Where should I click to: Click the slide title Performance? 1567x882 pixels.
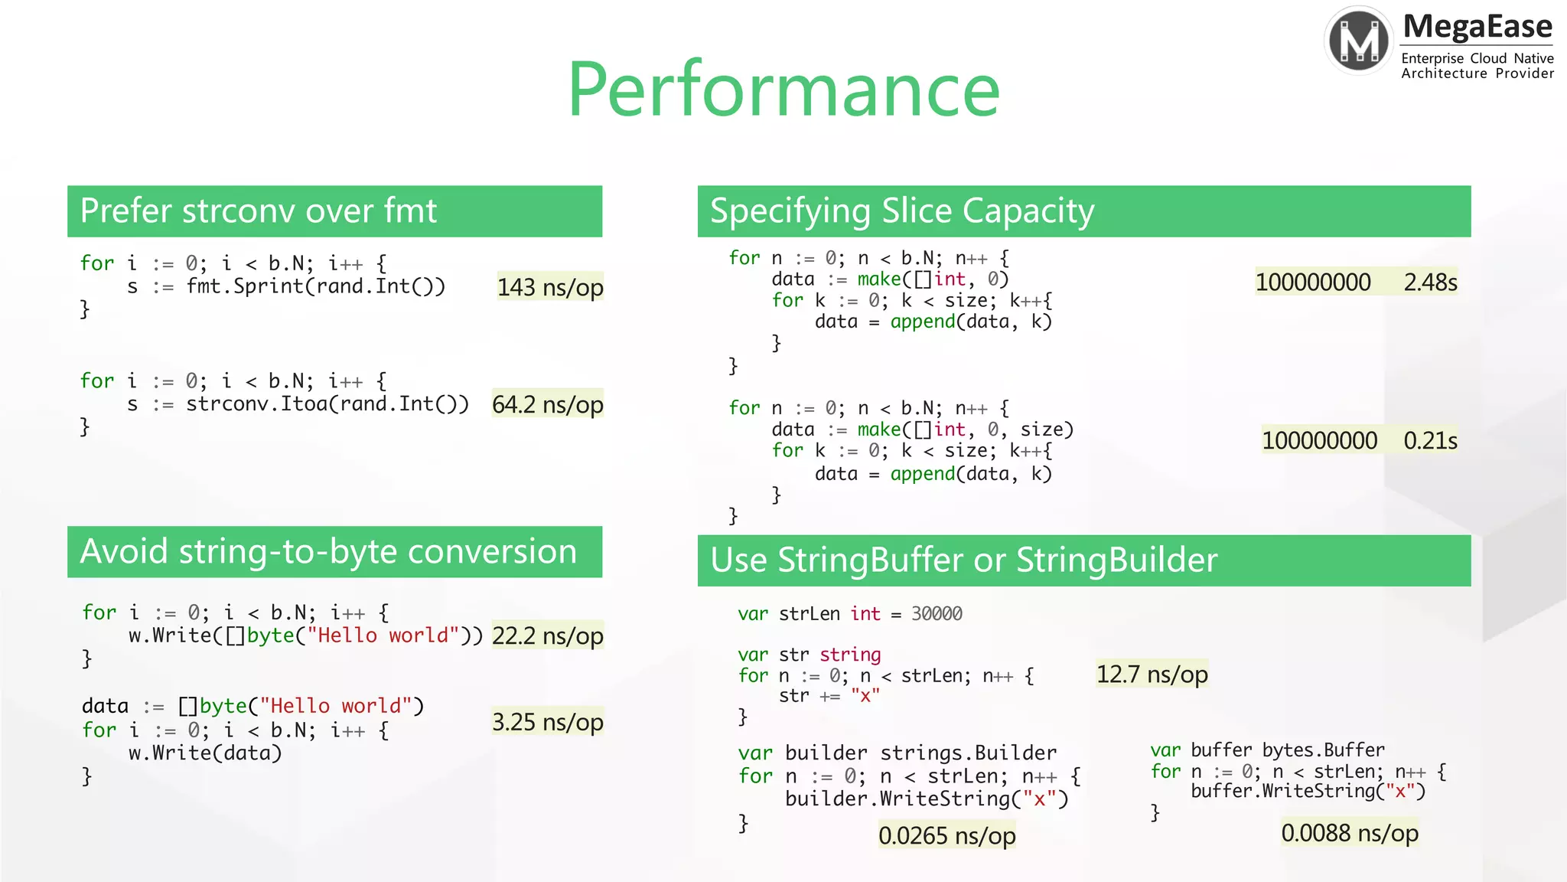tap(783, 90)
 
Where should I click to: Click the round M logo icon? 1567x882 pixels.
tap(1359, 41)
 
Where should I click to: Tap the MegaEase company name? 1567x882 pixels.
tap(1477, 28)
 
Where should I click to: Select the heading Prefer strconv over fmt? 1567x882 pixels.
tap(259, 211)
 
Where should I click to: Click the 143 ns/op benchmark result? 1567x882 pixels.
tap(550, 287)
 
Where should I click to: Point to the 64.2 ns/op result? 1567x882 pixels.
tap(548, 404)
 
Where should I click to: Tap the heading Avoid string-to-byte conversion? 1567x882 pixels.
tap(328, 552)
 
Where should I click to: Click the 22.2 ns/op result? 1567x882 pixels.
tap(548, 635)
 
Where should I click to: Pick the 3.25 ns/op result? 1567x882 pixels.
tap(548, 722)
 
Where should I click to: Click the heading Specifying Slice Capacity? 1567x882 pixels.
tap(902, 211)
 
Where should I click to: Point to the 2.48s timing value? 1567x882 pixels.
tap(1430, 283)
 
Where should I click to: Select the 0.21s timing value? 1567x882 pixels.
tap(1430, 441)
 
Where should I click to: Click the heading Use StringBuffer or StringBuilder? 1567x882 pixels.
tap(963, 560)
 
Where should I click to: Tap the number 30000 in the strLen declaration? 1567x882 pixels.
tap(937, 614)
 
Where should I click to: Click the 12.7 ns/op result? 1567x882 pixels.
tap(1152, 674)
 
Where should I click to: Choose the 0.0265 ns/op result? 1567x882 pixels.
tap(946, 835)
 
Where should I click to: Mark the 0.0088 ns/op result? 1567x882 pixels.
tap(1350, 833)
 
